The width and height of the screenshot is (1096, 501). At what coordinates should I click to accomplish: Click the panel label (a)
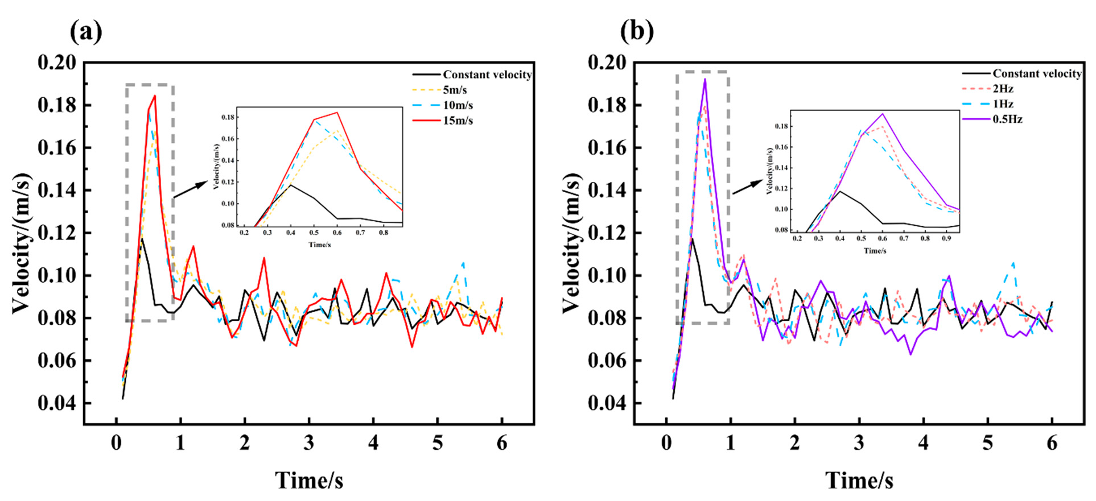(86, 32)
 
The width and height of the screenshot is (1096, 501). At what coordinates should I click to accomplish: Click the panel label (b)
(637, 32)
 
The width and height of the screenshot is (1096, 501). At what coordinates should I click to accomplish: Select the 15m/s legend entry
(458, 121)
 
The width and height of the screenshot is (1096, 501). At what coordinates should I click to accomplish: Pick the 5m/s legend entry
(455, 90)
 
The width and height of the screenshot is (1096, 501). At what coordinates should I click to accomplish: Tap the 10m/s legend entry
(458, 105)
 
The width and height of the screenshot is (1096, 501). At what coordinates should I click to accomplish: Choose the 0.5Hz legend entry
(1007, 119)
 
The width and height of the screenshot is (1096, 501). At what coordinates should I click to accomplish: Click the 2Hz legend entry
(1003, 89)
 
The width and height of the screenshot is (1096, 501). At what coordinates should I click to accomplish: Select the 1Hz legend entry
(1003, 104)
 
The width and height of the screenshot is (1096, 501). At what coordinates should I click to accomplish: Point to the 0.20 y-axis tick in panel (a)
(57, 63)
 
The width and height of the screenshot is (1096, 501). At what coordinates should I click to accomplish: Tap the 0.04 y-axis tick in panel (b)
(607, 403)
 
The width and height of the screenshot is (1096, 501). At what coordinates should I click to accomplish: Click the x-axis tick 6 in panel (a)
(501, 443)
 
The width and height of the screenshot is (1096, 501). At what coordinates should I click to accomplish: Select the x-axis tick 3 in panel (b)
(859, 443)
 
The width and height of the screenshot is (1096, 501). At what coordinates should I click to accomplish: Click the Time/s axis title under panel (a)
(309, 481)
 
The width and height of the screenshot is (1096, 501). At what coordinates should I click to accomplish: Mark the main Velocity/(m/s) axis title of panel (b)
(572, 243)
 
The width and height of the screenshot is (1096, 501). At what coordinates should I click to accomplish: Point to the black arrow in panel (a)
(191, 189)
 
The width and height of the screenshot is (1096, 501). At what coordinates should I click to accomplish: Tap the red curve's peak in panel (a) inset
(337, 112)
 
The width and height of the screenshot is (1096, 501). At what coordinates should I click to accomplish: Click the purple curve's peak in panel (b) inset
(883, 114)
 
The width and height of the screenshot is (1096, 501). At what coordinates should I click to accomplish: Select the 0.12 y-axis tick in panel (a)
(57, 233)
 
